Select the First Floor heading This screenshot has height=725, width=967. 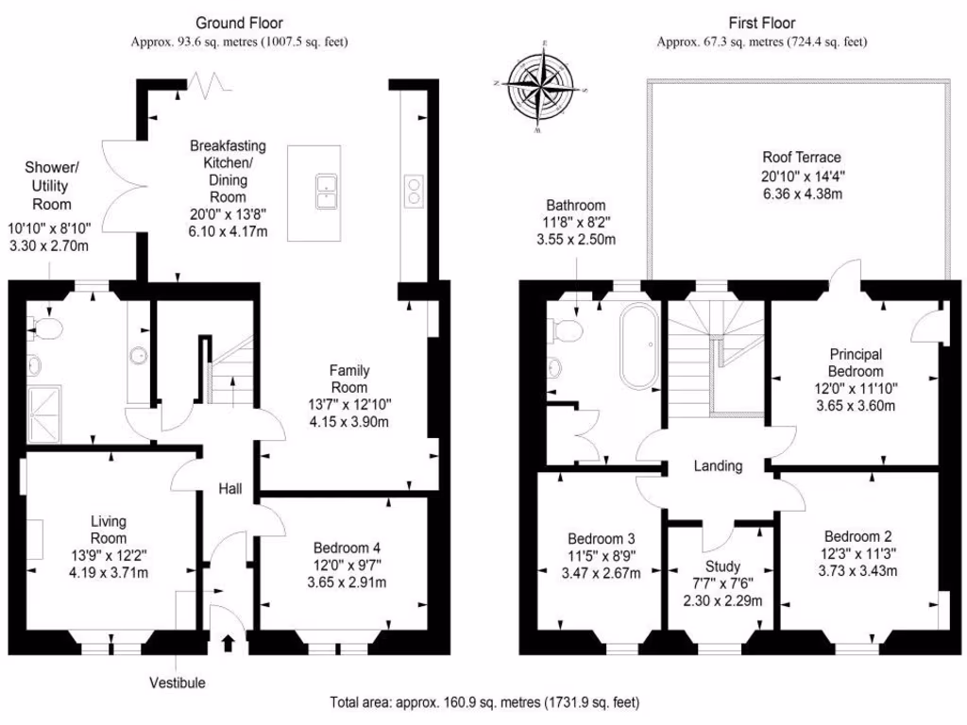point(762,23)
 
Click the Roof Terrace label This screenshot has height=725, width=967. point(801,158)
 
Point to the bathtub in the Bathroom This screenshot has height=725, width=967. point(639,346)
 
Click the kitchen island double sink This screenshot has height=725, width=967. point(328,191)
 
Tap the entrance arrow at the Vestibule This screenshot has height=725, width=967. point(227,645)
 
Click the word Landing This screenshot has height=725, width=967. point(718,465)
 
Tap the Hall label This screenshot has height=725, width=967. point(230,489)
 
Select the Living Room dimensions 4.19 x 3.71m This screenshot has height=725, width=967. point(109,572)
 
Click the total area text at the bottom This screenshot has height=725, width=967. point(484,702)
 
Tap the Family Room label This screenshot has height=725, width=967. point(348,379)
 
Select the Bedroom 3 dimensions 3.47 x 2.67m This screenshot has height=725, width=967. point(601,573)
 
